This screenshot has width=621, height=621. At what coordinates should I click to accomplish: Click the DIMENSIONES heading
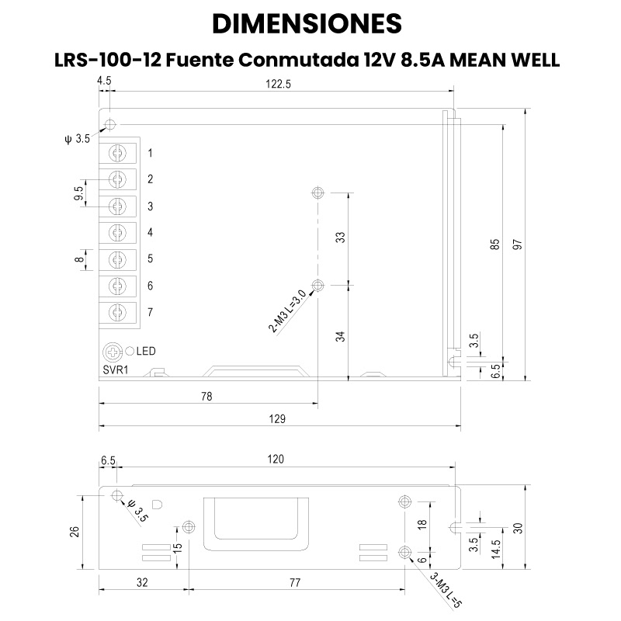[307, 23]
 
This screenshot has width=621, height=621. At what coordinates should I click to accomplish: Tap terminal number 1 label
[151, 153]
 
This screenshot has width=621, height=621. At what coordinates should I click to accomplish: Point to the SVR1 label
[116, 369]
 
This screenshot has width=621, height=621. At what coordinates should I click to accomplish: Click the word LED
[146, 352]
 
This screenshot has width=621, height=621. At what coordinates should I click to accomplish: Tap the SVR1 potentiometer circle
[114, 351]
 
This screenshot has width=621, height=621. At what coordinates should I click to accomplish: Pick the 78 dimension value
[206, 396]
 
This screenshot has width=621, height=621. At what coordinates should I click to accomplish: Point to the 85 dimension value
[494, 244]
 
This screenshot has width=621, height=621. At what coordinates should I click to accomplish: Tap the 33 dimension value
[340, 238]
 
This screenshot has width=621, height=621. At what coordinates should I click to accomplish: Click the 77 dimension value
[295, 581]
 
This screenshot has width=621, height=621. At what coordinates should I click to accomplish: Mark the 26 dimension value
[75, 532]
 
